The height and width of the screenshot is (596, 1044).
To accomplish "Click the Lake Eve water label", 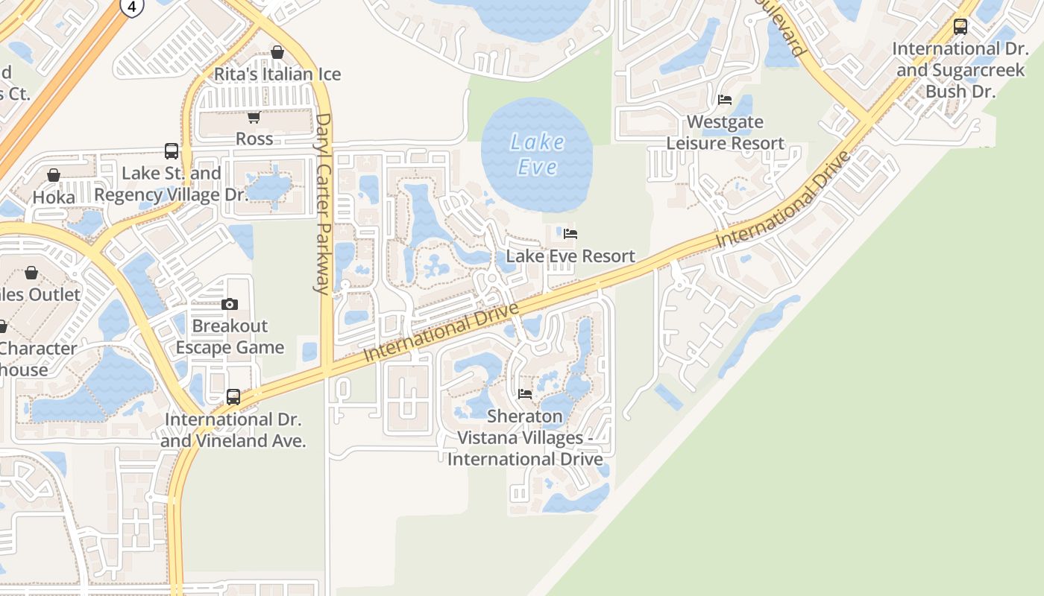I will tap(537, 154).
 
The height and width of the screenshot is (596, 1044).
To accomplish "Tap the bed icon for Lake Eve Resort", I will tap(570, 234).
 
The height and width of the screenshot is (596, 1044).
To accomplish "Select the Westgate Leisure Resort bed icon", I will tap(724, 99).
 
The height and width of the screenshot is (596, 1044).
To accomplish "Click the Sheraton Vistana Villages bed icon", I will tap(524, 393).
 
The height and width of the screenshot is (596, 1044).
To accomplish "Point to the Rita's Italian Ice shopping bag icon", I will tap(277, 52).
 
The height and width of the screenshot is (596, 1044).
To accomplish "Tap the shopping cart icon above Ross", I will tap(254, 117).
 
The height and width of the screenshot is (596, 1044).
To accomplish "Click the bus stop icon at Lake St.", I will tap(172, 151).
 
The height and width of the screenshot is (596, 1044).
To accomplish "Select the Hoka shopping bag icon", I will tap(54, 175).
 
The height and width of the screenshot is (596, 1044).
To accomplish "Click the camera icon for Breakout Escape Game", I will tap(230, 304).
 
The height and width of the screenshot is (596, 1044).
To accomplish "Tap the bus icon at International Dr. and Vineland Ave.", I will tap(233, 397).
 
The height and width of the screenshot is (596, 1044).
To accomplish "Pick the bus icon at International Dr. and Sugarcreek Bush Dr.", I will tap(960, 27).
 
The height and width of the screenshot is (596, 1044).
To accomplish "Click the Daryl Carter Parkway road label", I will tap(322, 203).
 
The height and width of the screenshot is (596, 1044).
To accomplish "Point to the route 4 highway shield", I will tap(132, 7).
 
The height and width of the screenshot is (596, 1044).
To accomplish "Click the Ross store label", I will tap(254, 139).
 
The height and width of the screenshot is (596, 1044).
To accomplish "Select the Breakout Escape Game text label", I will tap(230, 337).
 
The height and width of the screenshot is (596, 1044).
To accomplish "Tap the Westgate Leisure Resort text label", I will tap(725, 133).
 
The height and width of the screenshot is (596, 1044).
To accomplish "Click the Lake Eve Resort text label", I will tap(570, 256).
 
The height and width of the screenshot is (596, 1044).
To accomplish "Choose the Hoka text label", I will tap(54, 197).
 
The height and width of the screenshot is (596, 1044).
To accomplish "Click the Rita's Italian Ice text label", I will tap(277, 74).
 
